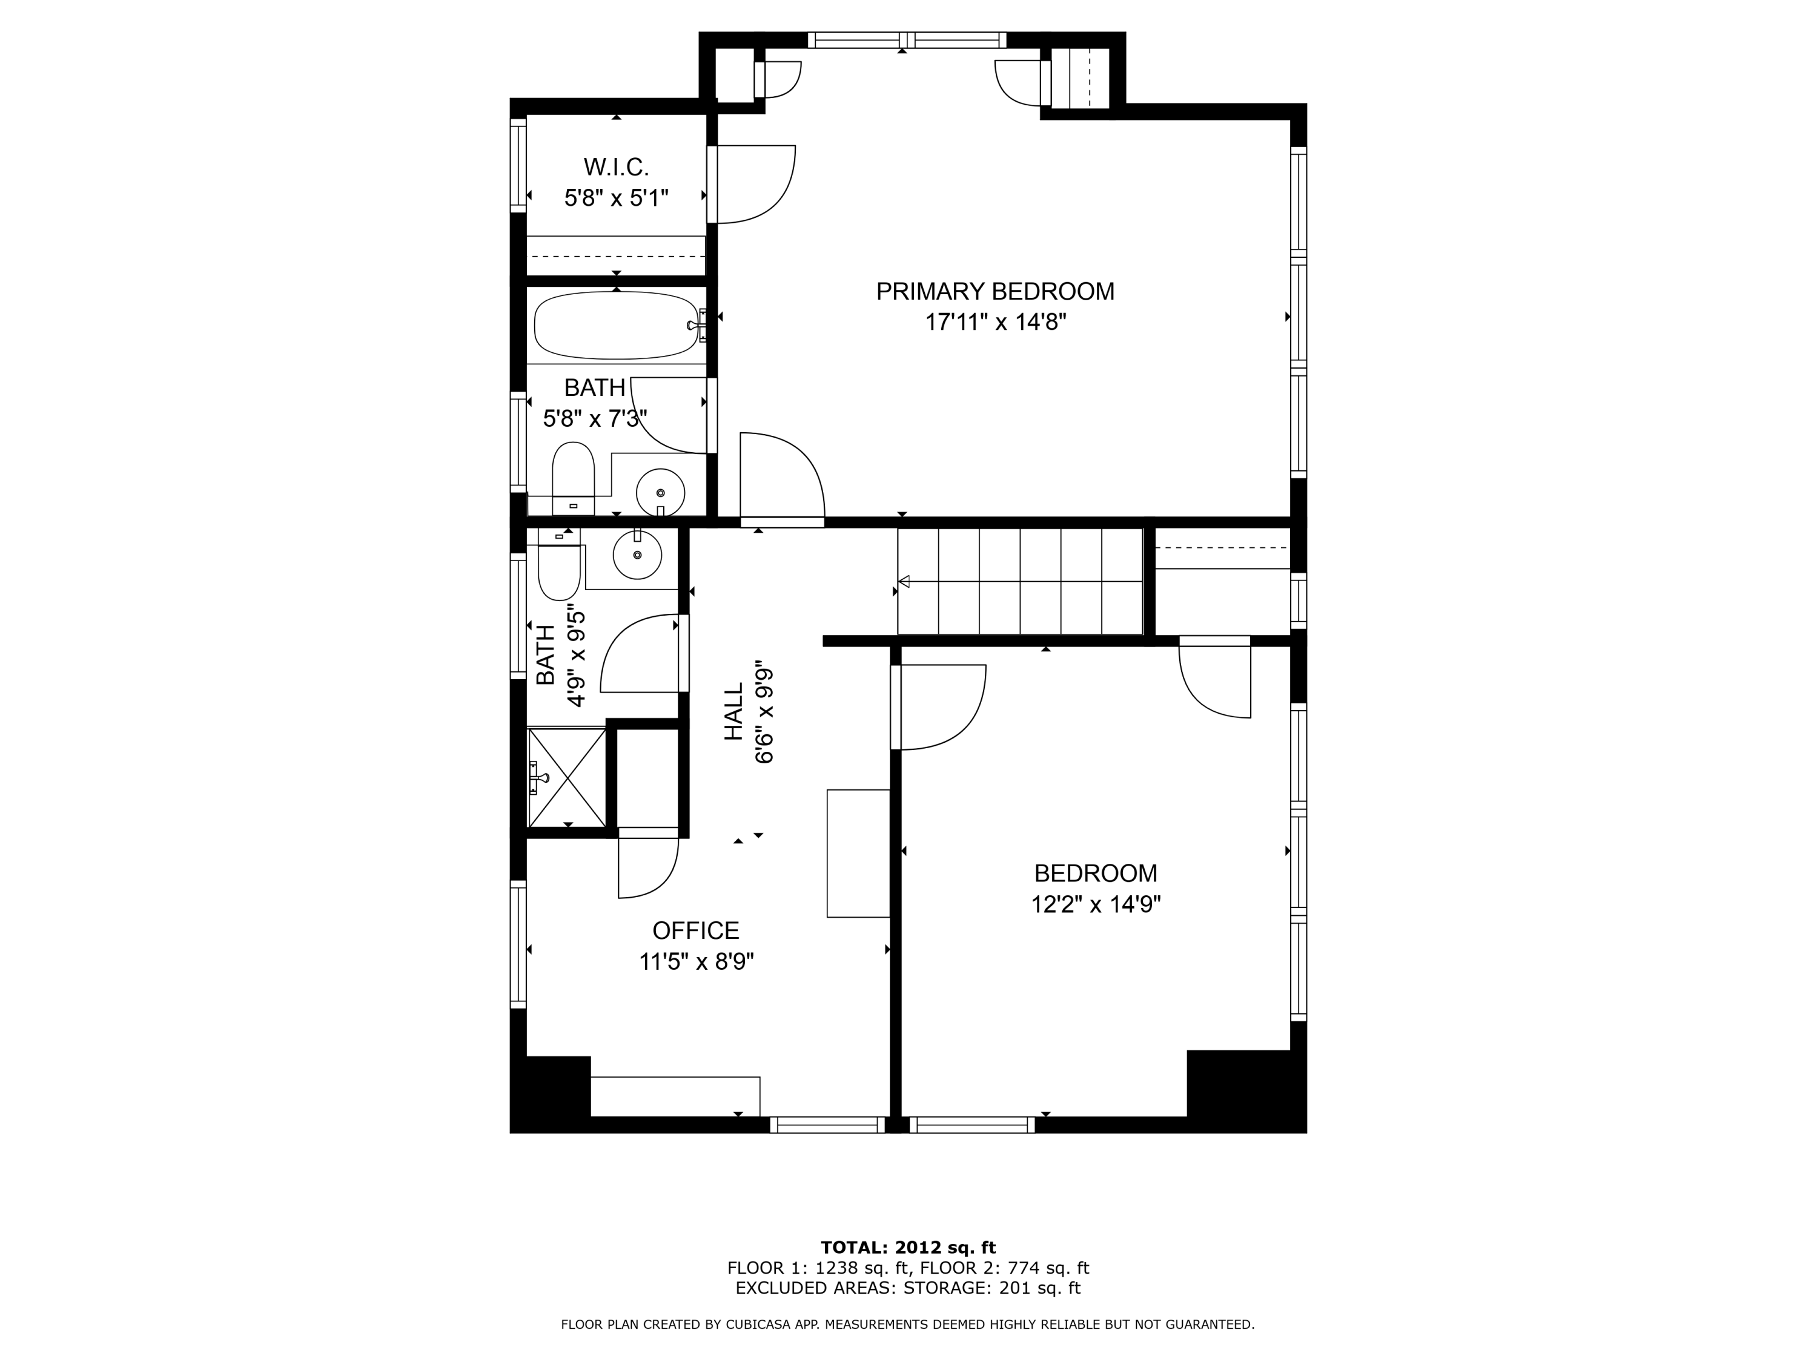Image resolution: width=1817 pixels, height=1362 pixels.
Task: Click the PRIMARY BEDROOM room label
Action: tap(995, 291)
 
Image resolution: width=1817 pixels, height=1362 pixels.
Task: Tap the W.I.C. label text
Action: tap(616, 168)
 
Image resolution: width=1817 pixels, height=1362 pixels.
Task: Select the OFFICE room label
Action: tap(696, 930)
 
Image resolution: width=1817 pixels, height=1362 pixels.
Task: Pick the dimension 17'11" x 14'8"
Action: tap(996, 323)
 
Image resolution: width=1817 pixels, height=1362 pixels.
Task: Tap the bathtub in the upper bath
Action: tap(616, 325)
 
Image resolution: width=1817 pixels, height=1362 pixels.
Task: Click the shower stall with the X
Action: tap(567, 777)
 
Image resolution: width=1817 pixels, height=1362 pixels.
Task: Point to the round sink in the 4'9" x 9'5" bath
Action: tap(637, 554)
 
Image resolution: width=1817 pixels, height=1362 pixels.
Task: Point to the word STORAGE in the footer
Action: tap(945, 1288)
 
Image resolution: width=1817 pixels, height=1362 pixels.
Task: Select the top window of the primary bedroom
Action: tap(907, 40)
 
